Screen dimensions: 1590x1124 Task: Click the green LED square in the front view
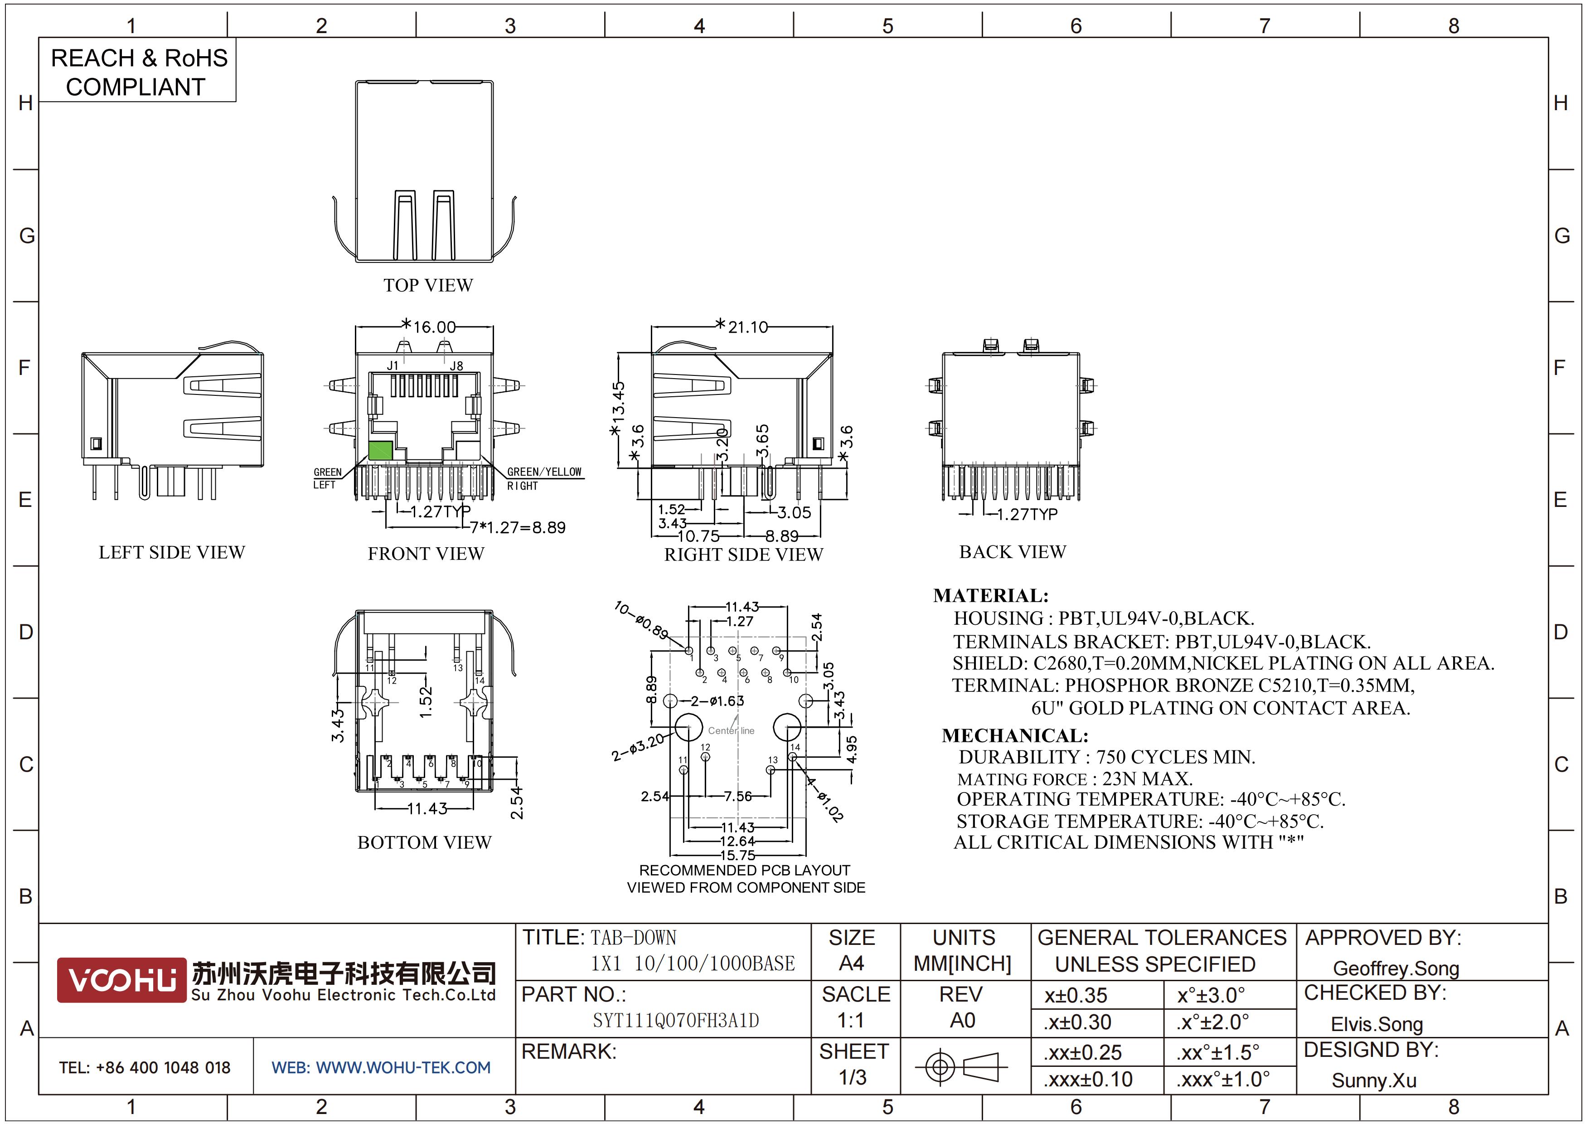click(x=380, y=451)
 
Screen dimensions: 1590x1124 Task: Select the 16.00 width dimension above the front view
click(x=435, y=327)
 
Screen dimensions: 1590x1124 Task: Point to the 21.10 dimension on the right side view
click(x=748, y=327)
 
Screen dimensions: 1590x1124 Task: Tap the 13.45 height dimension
click(x=618, y=402)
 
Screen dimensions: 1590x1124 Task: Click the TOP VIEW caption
click(x=428, y=285)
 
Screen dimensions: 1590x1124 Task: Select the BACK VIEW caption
click(x=1013, y=552)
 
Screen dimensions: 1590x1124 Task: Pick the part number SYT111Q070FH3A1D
click(x=676, y=1021)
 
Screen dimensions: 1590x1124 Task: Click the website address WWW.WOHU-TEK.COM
click(x=403, y=1068)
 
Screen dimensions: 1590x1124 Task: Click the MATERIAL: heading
click(x=991, y=596)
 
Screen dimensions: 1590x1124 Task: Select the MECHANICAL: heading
click(x=1015, y=735)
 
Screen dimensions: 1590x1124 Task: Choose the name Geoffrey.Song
click(x=1396, y=969)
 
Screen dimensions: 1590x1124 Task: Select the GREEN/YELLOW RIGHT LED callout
click(x=544, y=478)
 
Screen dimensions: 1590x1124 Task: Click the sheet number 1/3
click(x=853, y=1078)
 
